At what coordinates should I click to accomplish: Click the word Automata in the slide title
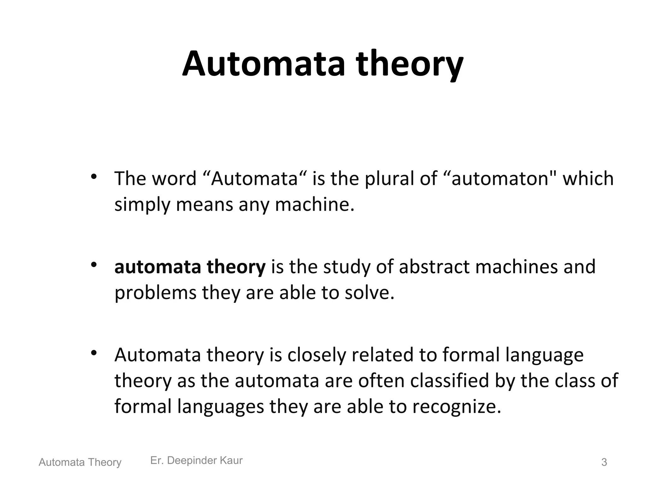(264, 64)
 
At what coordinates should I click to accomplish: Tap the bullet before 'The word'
(93, 177)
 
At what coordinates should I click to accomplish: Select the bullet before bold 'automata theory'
(93, 265)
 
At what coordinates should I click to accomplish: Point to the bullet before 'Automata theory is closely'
(93, 353)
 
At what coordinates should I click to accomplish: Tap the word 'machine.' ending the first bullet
(315, 204)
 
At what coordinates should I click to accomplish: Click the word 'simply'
(142, 205)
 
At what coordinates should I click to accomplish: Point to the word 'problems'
(156, 293)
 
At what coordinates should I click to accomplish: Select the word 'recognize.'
(457, 406)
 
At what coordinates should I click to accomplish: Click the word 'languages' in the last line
(220, 406)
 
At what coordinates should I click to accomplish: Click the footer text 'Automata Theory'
(80, 462)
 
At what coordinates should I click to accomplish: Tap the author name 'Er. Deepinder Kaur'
(197, 460)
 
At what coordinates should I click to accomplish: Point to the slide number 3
(604, 462)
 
